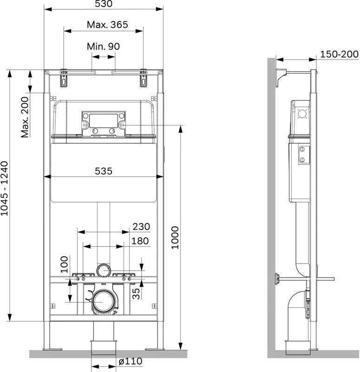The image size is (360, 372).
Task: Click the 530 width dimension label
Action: [x=104, y=4]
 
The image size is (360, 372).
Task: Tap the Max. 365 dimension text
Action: [x=107, y=25]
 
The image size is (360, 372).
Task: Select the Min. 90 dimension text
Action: [x=103, y=46]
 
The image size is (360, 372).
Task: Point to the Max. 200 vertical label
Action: [x=25, y=117]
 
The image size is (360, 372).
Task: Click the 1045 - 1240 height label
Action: [x=4, y=188]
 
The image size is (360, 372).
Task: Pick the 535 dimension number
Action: [x=104, y=171]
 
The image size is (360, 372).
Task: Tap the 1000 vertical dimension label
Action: [x=175, y=238]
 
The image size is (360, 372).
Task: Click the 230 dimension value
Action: [x=141, y=226]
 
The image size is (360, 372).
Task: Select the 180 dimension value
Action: [x=140, y=241]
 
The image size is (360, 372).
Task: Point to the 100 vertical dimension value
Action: [x=64, y=264]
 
